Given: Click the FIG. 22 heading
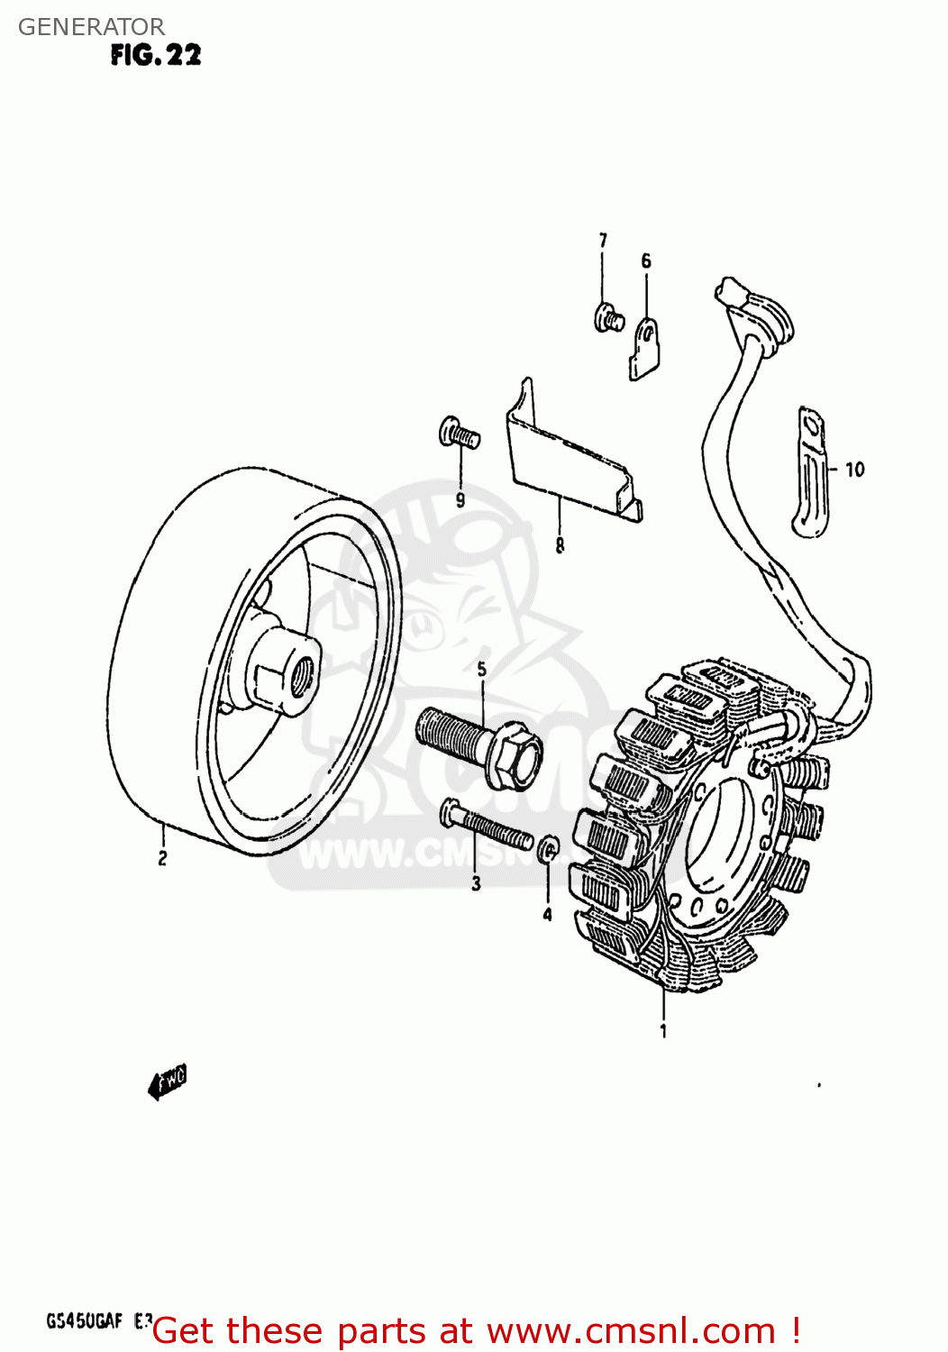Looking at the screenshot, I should tap(156, 55).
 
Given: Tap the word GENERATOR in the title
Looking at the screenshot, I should tap(91, 27).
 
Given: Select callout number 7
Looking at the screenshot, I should tap(603, 241).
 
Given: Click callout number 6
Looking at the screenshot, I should tap(646, 261).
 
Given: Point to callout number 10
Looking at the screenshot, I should tap(854, 470).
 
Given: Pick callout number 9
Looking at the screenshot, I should tap(460, 500).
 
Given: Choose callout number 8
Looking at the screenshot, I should tap(560, 545).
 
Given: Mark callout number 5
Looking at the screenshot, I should tap(482, 669).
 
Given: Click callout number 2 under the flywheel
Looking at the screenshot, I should tap(162, 858).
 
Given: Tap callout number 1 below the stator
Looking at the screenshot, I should tap(663, 1030).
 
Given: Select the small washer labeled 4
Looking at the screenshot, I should tap(548, 849).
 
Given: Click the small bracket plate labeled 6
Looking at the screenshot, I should tap(645, 348).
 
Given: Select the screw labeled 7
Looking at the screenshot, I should tap(608, 318).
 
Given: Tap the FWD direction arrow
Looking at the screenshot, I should tap(168, 1082).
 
